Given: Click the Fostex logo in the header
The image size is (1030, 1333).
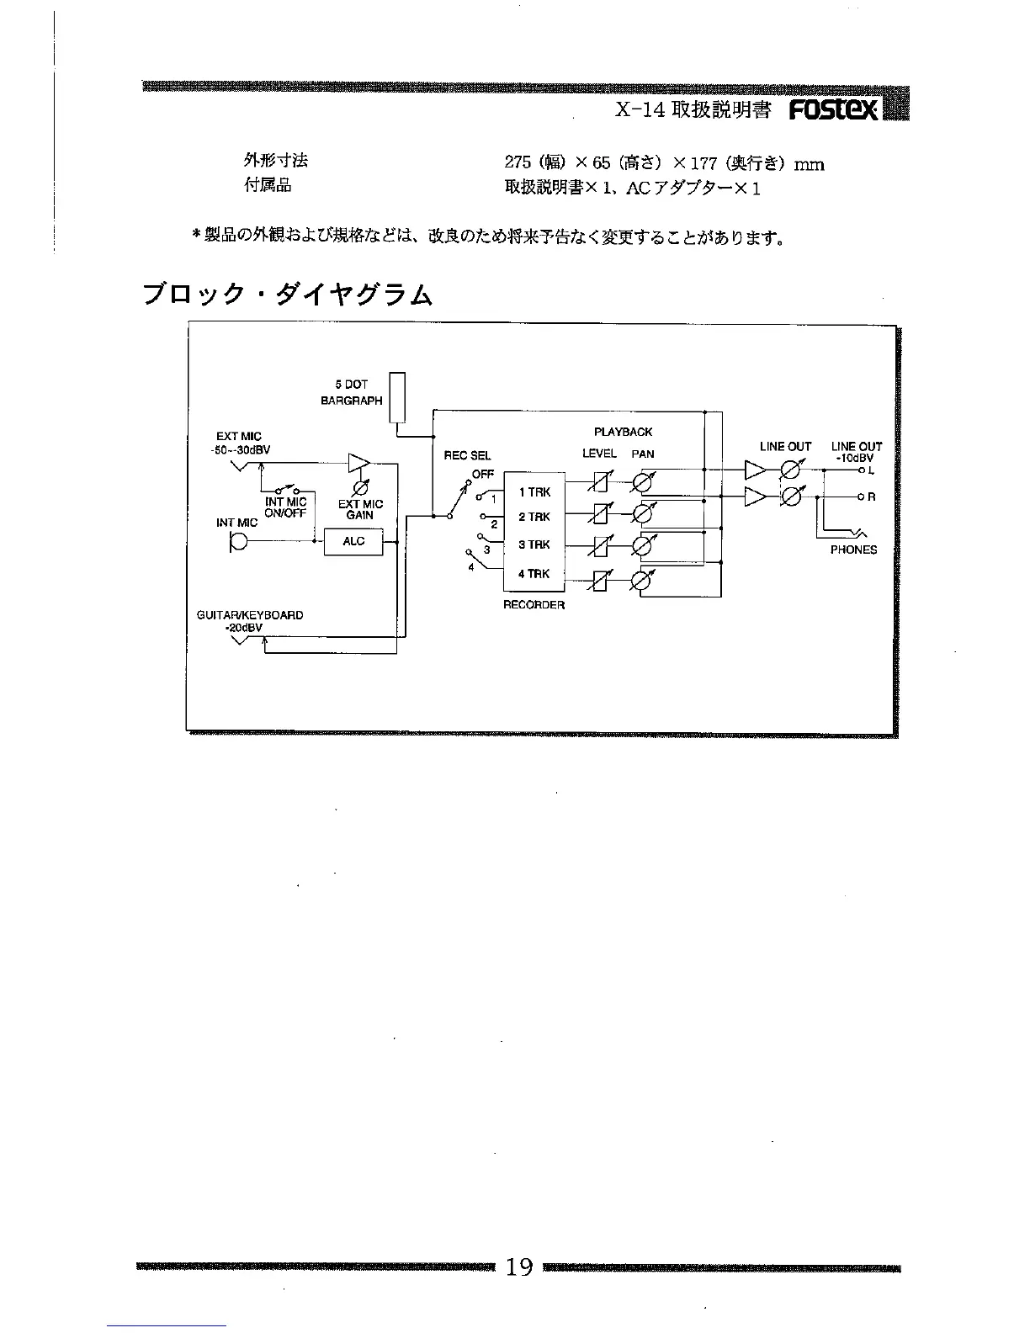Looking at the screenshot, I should [834, 110].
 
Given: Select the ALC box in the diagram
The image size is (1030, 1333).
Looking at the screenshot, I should [353, 541].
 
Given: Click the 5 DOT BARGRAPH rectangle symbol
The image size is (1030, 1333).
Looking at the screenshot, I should [398, 397].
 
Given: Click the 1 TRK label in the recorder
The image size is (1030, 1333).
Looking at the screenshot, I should [534, 492].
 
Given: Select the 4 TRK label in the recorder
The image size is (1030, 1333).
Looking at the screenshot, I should [534, 574].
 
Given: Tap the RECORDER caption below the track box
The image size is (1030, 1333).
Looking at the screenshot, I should [534, 605].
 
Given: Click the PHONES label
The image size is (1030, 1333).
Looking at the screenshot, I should [853, 550].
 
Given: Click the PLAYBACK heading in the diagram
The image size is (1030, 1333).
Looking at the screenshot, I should [623, 432].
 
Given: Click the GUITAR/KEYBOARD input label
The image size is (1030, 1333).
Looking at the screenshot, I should [250, 615].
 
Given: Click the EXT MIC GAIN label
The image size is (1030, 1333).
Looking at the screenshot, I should [360, 509].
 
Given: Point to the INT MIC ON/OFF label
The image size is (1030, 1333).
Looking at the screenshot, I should [285, 507].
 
